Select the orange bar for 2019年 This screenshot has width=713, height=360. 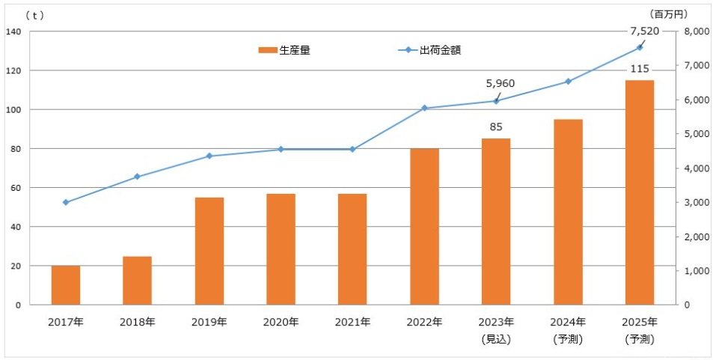tap(209, 251)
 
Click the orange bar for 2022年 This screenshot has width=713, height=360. tap(424, 226)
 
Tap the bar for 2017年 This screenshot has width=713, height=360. tap(66, 285)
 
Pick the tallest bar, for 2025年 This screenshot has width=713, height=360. tap(640, 192)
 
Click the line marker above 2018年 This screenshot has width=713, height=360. tap(137, 177)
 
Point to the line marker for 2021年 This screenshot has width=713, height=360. tap(352, 149)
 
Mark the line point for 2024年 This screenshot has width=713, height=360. tap(568, 82)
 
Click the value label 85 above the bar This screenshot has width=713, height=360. tap(496, 126)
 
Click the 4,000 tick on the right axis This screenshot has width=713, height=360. tap(695, 168)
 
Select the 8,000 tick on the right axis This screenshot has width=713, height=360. tap(695, 31)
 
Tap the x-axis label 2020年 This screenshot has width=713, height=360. tap(281, 323)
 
